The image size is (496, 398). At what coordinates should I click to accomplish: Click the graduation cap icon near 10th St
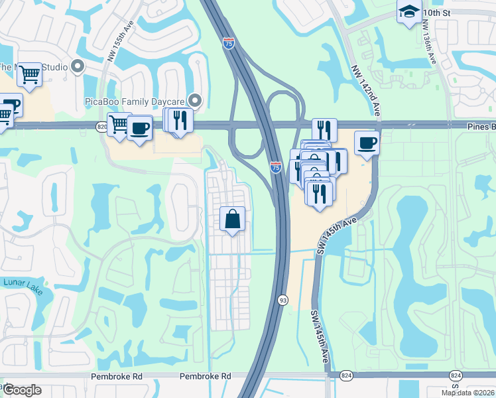tap(409, 11)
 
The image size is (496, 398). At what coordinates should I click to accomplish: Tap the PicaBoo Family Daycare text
tap(135, 101)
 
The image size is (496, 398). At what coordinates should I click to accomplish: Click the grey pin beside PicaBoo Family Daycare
tap(195, 101)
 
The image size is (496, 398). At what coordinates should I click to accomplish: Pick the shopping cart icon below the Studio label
tap(29, 75)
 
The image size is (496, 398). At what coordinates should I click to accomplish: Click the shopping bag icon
tap(233, 219)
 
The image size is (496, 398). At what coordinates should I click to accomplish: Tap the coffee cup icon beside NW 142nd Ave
tap(367, 143)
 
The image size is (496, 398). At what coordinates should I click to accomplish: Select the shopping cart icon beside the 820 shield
tap(119, 125)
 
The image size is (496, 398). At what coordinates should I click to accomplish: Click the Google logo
tap(22, 390)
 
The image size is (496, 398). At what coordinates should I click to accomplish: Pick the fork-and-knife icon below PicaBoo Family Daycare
tap(180, 120)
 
